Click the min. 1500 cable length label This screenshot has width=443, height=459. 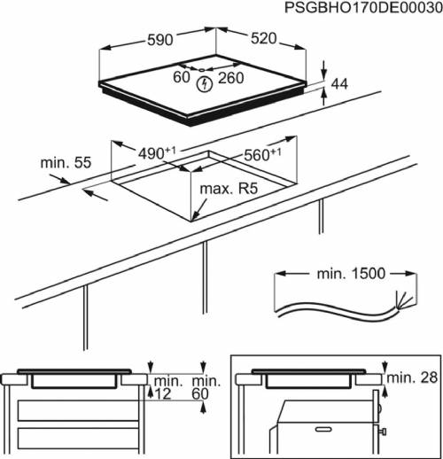[351, 274]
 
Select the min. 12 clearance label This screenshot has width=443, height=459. [165, 387]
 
